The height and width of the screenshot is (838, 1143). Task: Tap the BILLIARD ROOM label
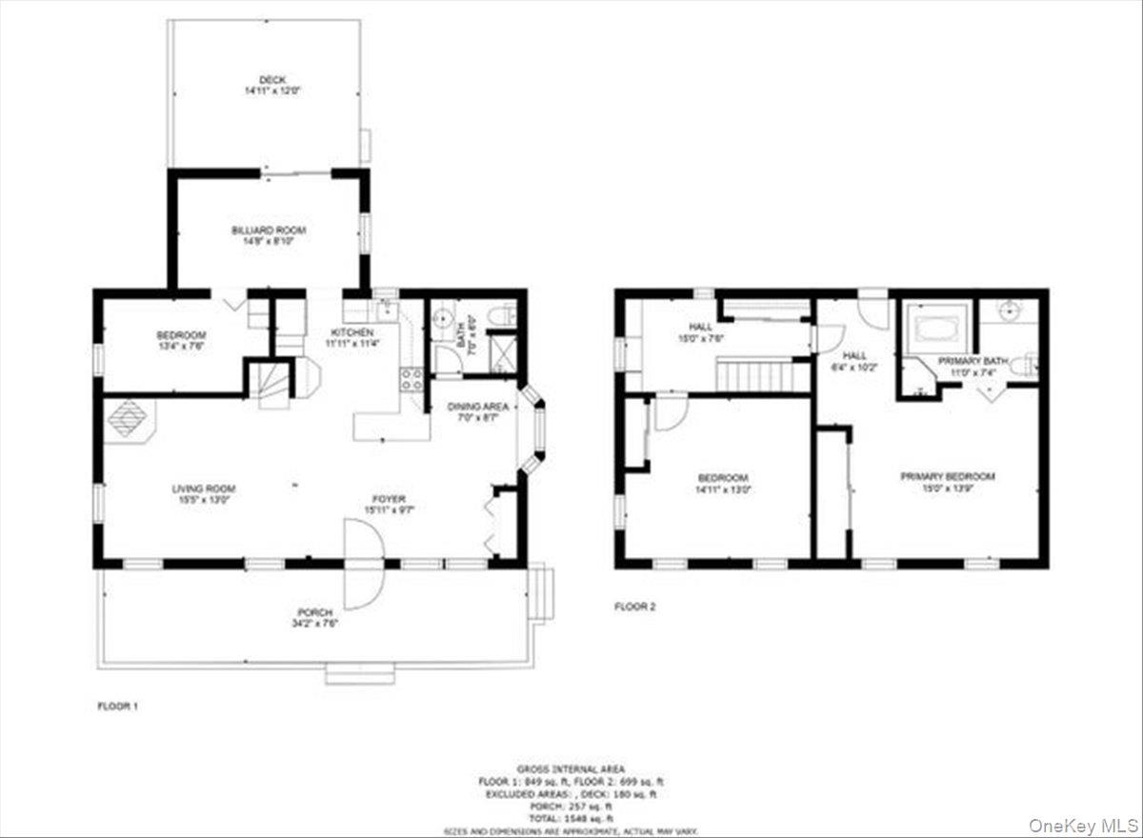pos(269,230)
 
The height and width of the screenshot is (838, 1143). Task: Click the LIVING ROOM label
pos(202,489)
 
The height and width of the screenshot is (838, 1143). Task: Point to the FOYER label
pos(389,498)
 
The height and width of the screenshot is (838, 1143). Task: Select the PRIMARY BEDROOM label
pos(948,476)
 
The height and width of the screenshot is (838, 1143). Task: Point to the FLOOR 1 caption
pos(119,707)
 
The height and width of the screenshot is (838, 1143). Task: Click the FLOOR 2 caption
pos(634,606)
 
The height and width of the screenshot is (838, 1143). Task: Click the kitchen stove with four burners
pos(411,379)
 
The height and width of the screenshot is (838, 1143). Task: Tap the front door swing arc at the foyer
pos(364,569)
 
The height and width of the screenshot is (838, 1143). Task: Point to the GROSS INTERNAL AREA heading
pos(571,768)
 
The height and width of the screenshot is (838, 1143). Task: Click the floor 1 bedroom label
pos(181,335)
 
